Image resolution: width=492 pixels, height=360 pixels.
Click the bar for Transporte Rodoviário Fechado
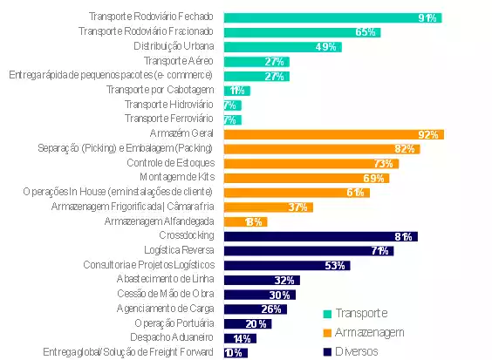click(331, 17)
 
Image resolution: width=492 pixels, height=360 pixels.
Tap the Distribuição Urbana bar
click(282, 47)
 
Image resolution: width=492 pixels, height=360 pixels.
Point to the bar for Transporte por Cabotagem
click(236, 91)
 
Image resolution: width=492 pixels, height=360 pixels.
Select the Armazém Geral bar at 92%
click(333, 134)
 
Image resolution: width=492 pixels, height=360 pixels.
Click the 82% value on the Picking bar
click(405, 149)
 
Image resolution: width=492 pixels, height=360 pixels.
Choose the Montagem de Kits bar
click(305, 178)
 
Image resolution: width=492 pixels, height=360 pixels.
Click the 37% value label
click(298, 207)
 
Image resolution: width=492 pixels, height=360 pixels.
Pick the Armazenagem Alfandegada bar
click(245, 221)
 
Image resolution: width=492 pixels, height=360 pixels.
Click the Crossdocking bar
click(320, 236)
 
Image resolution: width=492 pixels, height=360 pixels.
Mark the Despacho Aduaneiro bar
click(240, 338)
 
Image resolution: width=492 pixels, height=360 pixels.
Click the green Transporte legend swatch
click(327, 313)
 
